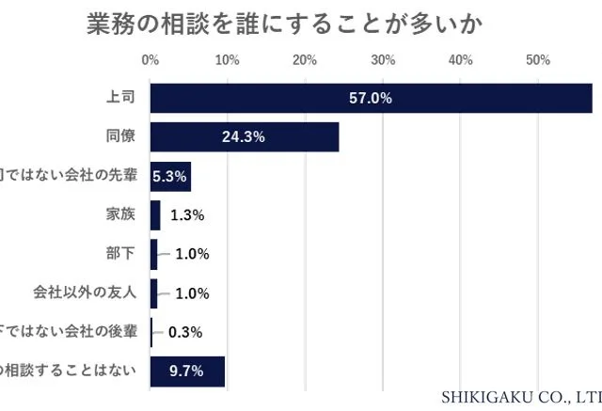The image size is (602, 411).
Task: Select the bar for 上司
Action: pyautogui.click(x=371, y=98)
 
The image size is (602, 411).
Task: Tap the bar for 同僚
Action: pyautogui.click(x=244, y=137)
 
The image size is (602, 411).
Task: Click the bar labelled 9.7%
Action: pyautogui.click(x=187, y=371)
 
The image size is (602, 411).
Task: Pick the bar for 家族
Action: pyautogui.click(x=155, y=214)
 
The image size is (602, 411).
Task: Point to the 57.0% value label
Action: pyautogui.click(x=370, y=98)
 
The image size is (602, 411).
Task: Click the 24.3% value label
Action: pyautogui.click(x=243, y=137)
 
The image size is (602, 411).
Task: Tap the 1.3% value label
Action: pyautogui.click(x=188, y=215)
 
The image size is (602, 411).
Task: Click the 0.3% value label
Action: pyautogui.click(x=185, y=332)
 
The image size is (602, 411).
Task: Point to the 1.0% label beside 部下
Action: pyautogui.click(x=192, y=254)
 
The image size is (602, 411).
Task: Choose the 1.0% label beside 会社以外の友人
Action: pyautogui.click(x=192, y=292)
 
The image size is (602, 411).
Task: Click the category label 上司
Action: pyautogui.click(x=122, y=98)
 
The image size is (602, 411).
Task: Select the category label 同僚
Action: pyautogui.click(x=122, y=136)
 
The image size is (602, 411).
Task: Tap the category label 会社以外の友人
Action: pyautogui.click(x=98, y=292)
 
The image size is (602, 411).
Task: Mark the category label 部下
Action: pyautogui.click(x=122, y=253)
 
